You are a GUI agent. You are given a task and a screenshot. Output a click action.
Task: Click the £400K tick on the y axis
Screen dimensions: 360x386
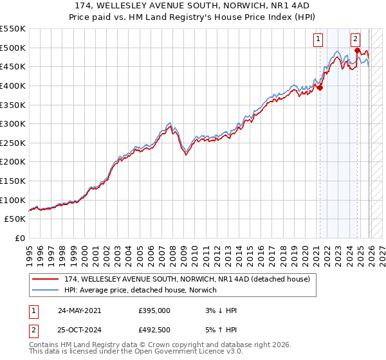(x=13, y=85)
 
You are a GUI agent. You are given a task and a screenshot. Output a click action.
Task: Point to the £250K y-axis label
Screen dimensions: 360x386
(x=13, y=143)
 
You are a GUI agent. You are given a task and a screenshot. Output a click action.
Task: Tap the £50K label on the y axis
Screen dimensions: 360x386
(x=15, y=219)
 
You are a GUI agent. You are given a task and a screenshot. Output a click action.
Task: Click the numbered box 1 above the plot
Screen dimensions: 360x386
(x=318, y=39)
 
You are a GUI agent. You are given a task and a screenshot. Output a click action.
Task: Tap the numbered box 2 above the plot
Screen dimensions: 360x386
(x=356, y=39)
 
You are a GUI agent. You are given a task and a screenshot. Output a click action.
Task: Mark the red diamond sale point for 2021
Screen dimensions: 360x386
(x=320, y=88)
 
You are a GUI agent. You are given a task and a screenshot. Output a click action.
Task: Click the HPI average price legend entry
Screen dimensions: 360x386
(x=141, y=291)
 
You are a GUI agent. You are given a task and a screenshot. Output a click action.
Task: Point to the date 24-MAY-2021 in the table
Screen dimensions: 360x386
(x=79, y=310)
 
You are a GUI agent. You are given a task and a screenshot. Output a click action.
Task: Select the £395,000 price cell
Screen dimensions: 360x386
(x=154, y=310)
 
